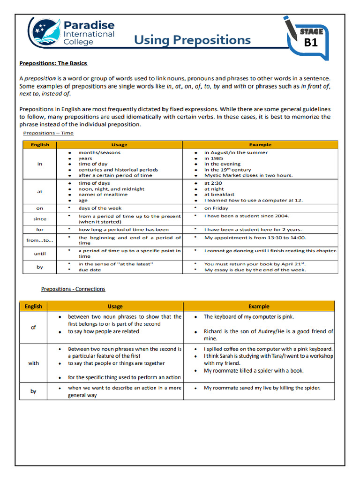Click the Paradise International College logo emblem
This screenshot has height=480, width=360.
(x=45, y=32)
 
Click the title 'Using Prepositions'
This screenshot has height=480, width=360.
(x=192, y=40)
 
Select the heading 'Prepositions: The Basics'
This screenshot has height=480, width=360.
(x=53, y=63)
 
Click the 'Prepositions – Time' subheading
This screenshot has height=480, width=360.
(x=48, y=133)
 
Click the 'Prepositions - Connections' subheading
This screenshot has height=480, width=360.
(x=73, y=289)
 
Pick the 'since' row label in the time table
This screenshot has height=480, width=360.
(x=40, y=219)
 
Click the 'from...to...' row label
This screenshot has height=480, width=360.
(x=40, y=240)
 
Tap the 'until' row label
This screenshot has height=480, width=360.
(x=40, y=254)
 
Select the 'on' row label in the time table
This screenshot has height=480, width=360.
(x=40, y=208)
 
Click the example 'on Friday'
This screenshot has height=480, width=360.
(x=216, y=208)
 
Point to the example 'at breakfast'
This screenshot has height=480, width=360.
(x=219, y=195)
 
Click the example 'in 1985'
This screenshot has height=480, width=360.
(x=214, y=158)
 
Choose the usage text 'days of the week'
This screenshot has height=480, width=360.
(x=100, y=208)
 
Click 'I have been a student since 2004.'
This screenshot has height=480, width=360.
(x=247, y=216)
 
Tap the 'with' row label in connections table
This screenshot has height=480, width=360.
(x=33, y=363)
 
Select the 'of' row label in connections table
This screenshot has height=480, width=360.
(x=33, y=327)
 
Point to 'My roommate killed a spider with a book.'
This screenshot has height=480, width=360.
(x=254, y=371)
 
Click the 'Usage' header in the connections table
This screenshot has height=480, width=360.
(x=115, y=307)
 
